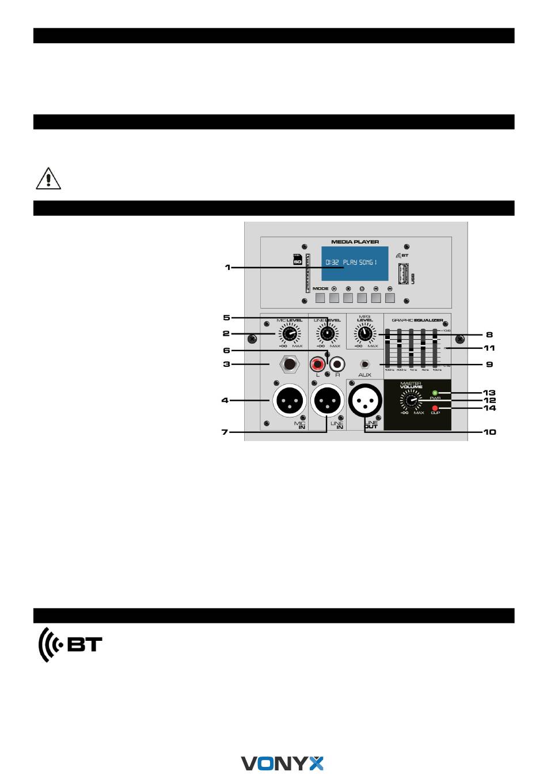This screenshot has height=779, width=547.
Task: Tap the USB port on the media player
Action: click(404, 273)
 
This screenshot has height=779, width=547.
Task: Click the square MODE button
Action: click(320, 298)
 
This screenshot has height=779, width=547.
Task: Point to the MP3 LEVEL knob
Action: click(364, 333)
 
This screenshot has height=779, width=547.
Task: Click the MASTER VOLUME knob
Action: click(411, 400)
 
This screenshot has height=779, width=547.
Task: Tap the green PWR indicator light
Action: click(435, 393)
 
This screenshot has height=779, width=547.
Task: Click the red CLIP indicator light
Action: click(435, 408)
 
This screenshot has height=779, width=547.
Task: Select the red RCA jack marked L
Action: click(317, 364)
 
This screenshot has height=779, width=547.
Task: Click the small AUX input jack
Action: click(364, 364)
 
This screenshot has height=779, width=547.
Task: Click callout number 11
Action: click(489, 348)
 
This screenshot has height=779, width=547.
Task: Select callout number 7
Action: click(225, 432)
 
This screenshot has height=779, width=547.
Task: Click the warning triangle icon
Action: click(48, 178)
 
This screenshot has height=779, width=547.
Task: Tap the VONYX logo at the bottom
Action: click(282, 763)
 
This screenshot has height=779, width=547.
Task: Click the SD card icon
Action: click(298, 260)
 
